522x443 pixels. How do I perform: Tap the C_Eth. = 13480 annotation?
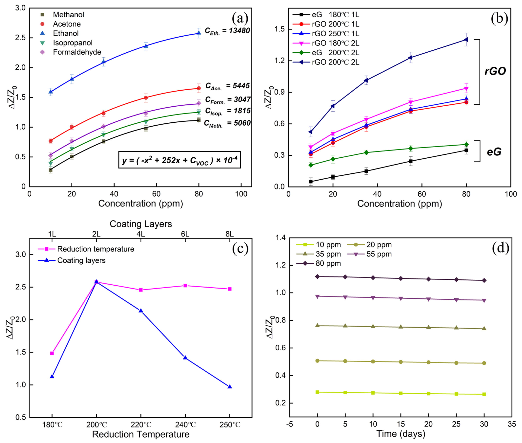point(227,31)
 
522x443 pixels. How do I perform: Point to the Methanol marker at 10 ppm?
point(51,170)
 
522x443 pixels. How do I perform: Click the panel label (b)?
point(499,18)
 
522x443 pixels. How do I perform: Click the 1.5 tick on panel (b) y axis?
point(279,29)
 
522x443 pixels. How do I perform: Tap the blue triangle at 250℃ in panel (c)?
point(230,387)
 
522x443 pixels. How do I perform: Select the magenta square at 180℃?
point(52,353)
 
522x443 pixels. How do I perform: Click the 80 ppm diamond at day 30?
point(484,281)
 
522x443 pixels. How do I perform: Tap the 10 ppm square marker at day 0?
point(317,392)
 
